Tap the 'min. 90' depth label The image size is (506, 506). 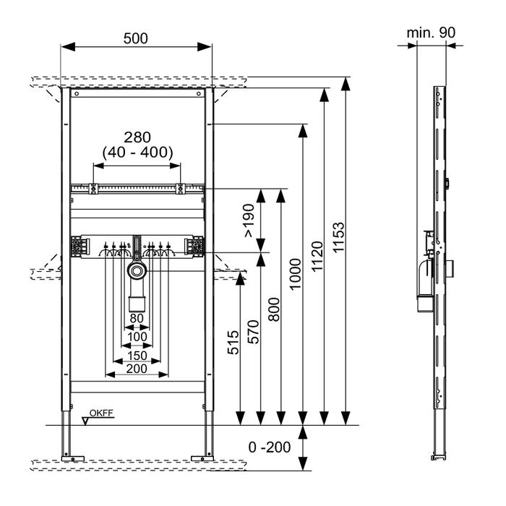(x=432, y=33)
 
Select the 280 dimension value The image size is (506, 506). (x=137, y=137)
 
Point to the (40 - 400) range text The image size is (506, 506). (x=137, y=152)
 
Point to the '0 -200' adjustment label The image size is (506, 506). (x=270, y=447)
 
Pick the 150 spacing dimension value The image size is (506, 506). (x=137, y=355)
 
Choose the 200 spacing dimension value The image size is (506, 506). (x=137, y=369)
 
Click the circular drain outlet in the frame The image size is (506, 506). (x=137, y=273)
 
